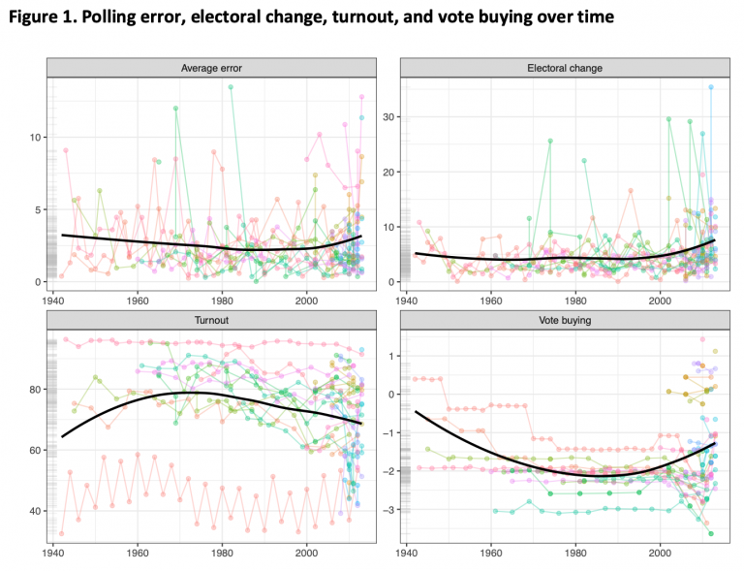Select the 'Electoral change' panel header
564,68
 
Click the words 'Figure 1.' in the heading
43,17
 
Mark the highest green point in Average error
231,87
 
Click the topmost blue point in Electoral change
710,87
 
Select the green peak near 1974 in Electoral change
550,141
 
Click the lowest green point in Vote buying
711,533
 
